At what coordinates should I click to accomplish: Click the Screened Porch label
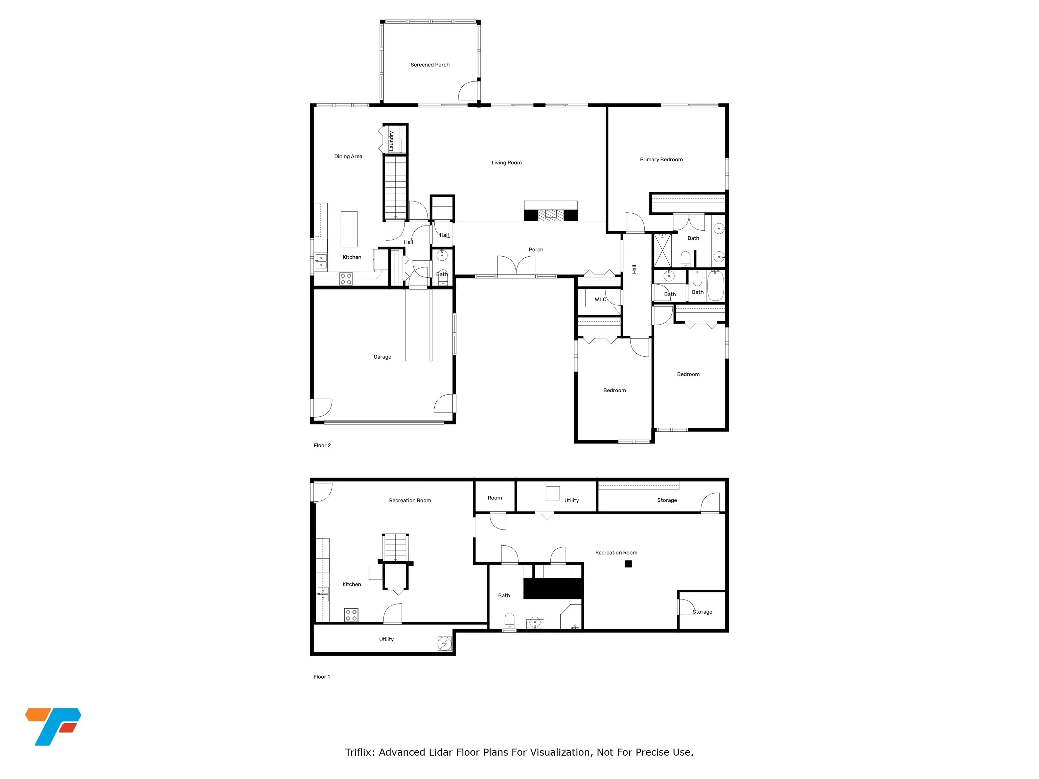(430, 65)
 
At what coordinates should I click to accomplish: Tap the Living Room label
(506, 163)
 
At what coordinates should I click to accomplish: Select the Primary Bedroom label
(661, 160)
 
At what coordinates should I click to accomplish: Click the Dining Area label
(348, 156)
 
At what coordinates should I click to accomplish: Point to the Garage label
(382, 357)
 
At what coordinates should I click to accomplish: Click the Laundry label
(391, 141)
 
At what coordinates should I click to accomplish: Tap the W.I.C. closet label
(601, 300)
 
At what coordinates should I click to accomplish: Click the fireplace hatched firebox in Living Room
(551, 215)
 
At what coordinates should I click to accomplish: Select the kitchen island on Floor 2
(348, 229)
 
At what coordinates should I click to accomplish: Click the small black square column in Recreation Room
(628, 564)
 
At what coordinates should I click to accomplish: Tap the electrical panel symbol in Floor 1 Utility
(444, 643)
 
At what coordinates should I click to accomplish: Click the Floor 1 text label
(322, 677)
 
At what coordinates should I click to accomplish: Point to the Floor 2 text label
(322, 445)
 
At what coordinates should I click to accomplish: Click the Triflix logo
(53, 726)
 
